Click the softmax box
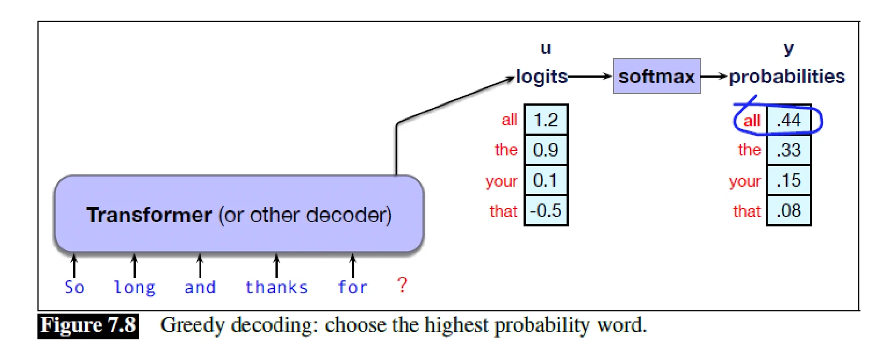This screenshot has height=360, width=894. tap(657, 76)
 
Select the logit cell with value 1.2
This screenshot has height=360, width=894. tap(546, 120)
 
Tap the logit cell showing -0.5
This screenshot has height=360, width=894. tap(546, 211)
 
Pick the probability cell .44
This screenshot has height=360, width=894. tap(789, 120)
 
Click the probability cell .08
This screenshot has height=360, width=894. tap(789, 211)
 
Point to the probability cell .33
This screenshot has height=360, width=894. tap(789, 150)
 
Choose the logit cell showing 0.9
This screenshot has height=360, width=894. tap(546, 150)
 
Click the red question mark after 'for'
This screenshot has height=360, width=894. tap(402, 285)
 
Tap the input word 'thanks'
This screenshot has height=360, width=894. tap(276, 287)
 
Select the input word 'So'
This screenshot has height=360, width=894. tap(74, 287)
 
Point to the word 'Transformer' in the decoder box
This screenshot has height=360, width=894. tap(149, 215)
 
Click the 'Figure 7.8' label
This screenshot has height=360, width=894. tap(88, 326)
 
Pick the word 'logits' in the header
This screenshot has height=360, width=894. tap(541, 77)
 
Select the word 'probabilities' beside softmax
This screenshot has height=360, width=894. tap(787, 76)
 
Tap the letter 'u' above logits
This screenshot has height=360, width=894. tap(545, 48)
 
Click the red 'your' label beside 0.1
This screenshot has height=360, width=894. tap(501, 181)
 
